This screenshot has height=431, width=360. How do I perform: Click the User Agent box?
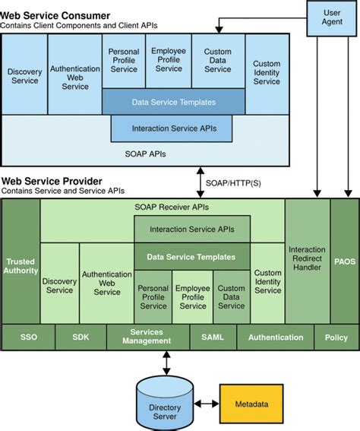click(331, 18)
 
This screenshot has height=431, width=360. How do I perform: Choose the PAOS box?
click(344, 261)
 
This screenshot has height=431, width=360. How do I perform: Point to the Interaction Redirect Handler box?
click(308, 261)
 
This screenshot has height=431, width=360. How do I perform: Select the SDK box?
click(81, 337)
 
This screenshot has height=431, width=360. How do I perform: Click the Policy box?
click(336, 337)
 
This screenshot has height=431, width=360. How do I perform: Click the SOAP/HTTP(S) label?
click(230, 183)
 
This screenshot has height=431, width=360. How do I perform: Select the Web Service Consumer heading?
click(55, 15)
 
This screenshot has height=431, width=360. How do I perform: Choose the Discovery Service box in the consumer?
click(24, 77)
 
